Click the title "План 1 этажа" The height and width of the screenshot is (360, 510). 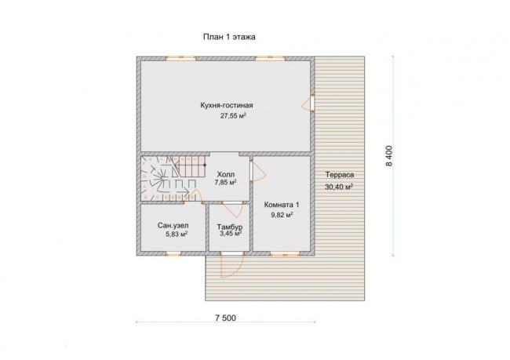[x=229, y=37]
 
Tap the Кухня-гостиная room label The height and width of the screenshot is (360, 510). [x=227, y=105]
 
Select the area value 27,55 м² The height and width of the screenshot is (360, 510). [x=233, y=116]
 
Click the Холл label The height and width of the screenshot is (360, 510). [x=226, y=174]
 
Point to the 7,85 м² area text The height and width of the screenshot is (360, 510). [x=225, y=182]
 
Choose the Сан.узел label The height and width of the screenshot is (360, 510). [x=173, y=225]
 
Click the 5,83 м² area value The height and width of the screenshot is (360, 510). [x=177, y=235]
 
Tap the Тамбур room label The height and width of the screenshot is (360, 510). [x=230, y=227]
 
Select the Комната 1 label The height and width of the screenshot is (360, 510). [x=282, y=205]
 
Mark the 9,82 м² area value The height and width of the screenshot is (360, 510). [x=282, y=215]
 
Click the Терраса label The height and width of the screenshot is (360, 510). [x=340, y=175]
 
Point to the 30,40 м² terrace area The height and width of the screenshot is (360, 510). [x=339, y=187]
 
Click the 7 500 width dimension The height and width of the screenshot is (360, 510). [x=226, y=318]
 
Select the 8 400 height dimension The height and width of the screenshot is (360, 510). [x=389, y=156]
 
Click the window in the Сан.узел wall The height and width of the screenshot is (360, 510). [x=173, y=253]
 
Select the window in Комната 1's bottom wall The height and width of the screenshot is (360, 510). [x=285, y=253]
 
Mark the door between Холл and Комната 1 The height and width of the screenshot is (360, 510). [x=257, y=171]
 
